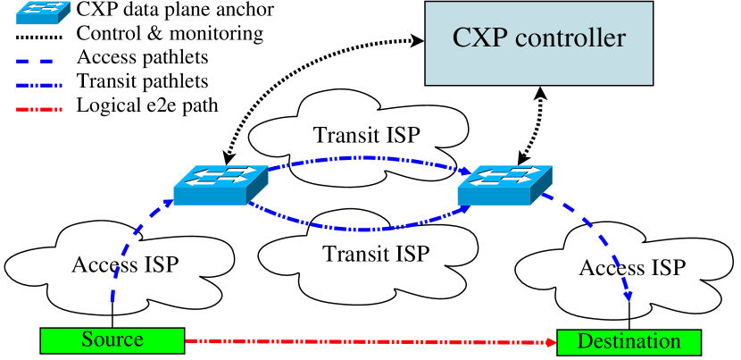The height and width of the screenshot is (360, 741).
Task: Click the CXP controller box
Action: (x=538, y=43)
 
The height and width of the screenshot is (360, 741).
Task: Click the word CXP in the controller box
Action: (x=479, y=40)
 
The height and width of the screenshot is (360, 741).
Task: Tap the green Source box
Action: (x=112, y=340)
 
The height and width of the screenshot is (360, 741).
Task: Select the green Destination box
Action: (x=629, y=342)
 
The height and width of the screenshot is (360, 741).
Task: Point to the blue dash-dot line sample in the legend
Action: (x=39, y=86)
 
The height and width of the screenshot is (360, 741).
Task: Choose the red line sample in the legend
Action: (x=39, y=110)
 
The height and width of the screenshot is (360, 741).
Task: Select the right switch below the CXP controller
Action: (x=504, y=184)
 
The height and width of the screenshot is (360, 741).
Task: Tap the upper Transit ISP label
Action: (x=366, y=135)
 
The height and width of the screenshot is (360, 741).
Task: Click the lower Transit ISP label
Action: (x=376, y=254)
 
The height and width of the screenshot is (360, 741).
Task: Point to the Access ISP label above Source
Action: (x=125, y=264)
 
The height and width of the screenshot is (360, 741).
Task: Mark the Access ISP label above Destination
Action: (x=632, y=268)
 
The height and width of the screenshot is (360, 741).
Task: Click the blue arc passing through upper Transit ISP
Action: (x=366, y=159)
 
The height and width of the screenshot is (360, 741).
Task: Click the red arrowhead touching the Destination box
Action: (x=550, y=342)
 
